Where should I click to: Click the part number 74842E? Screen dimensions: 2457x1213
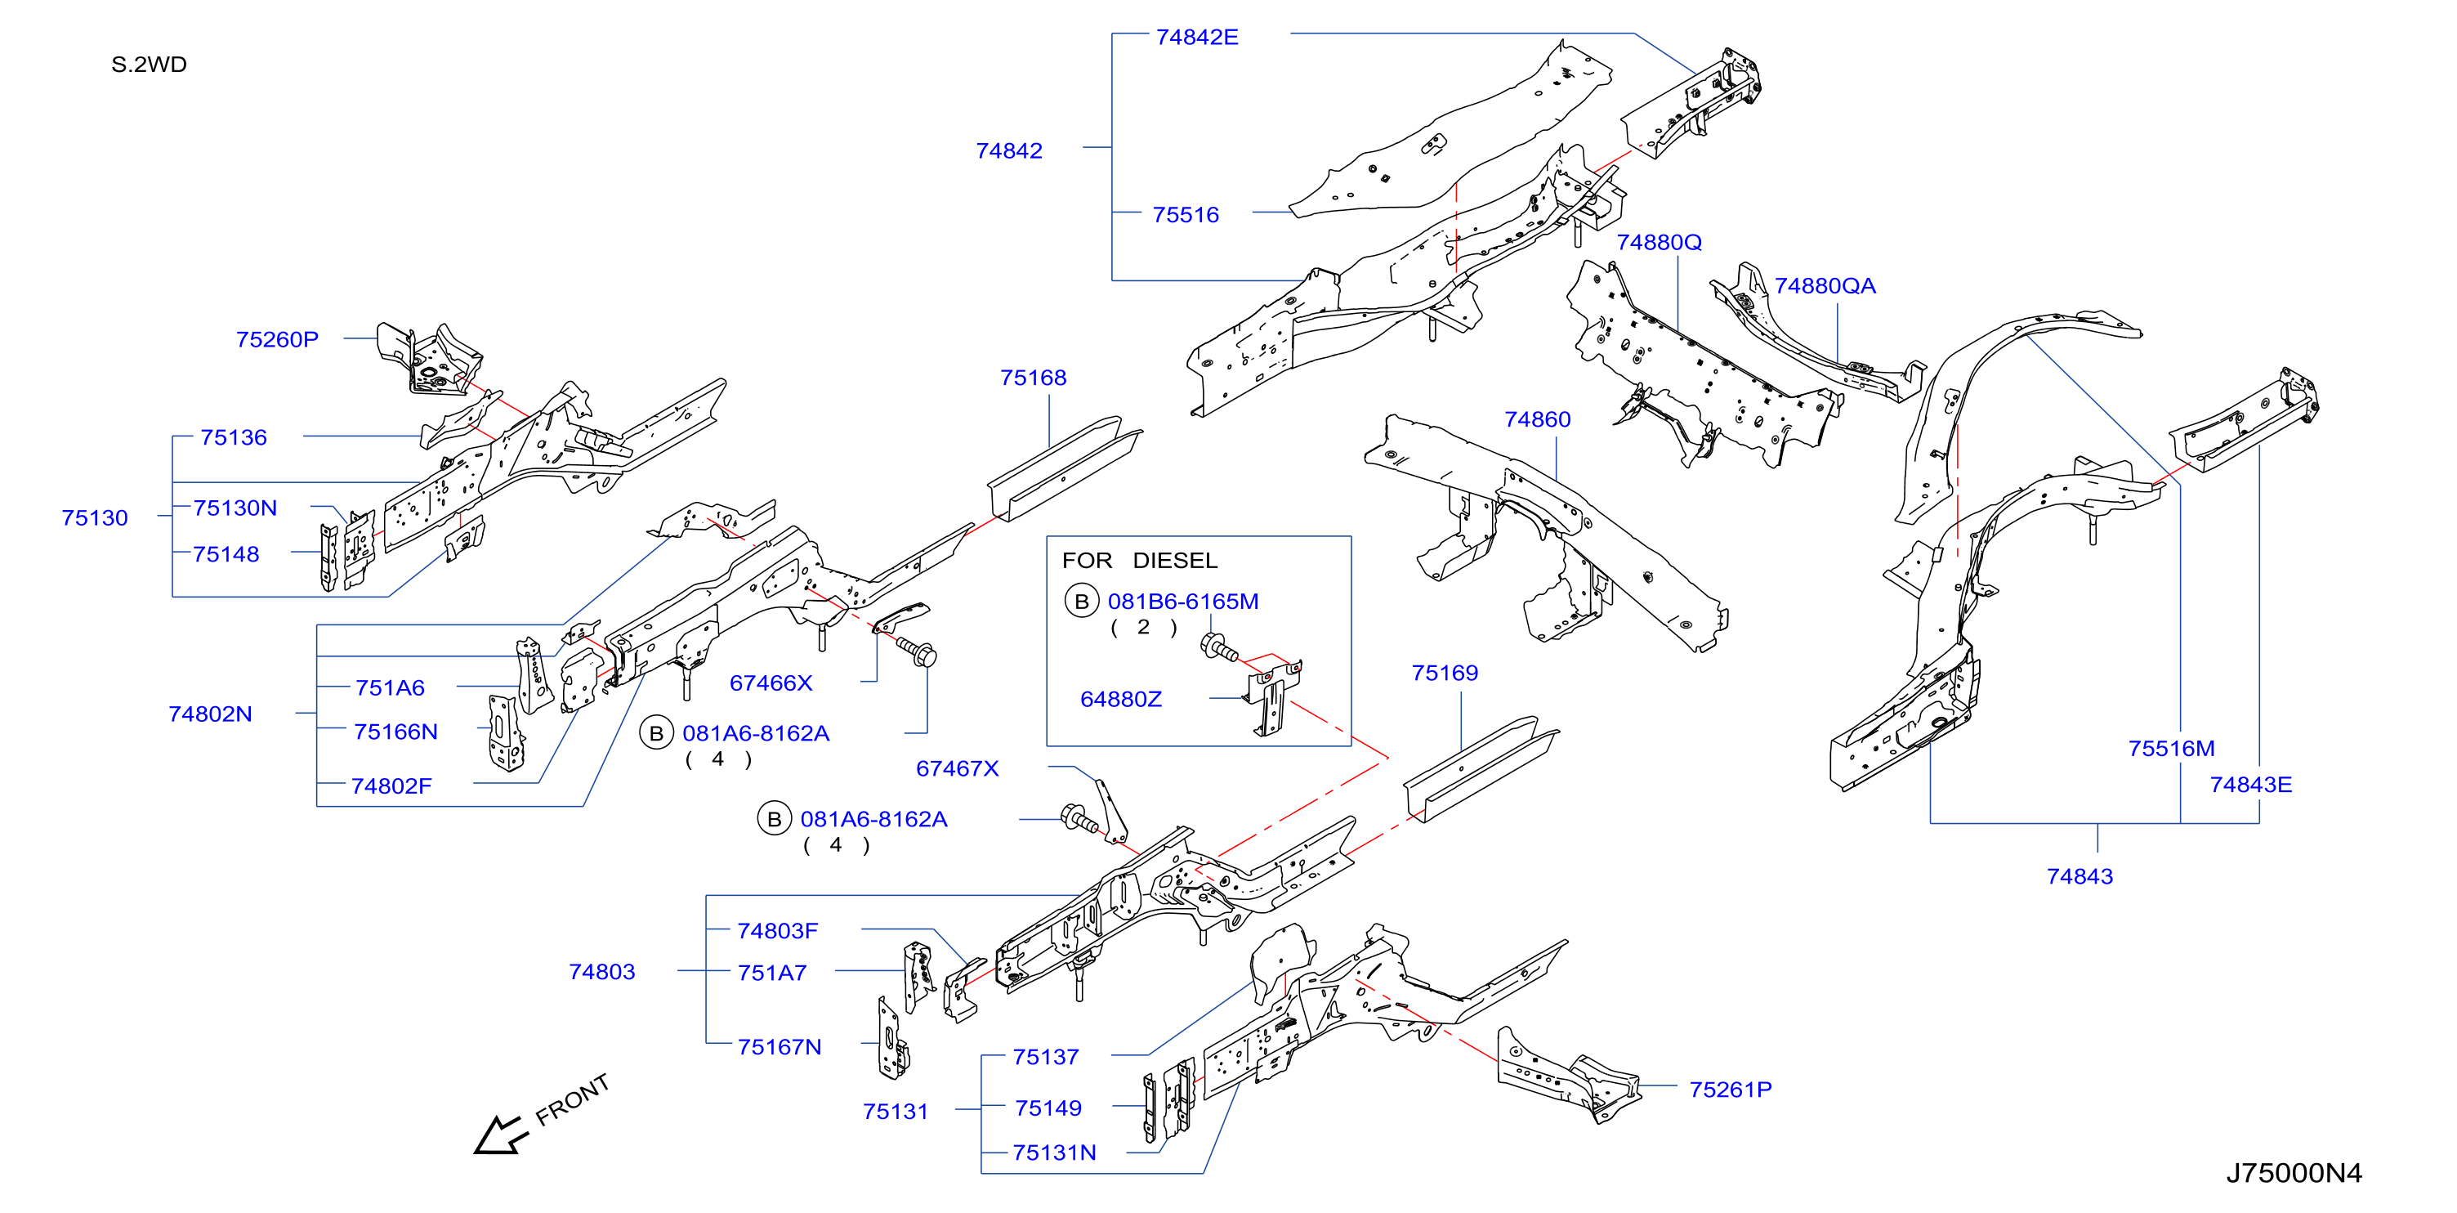(1196, 38)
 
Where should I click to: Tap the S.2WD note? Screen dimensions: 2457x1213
(149, 65)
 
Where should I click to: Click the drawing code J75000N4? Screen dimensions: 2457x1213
(2294, 1173)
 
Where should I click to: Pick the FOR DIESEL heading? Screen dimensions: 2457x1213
(1139, 560)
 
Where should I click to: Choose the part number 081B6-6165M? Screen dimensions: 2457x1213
(1182, 602)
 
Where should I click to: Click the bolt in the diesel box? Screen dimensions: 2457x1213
(1219, 648)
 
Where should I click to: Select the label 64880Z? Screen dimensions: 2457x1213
(1121, 700)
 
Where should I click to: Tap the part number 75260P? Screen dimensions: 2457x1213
(277, 340)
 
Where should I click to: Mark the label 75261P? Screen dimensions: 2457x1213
(1731, 1090)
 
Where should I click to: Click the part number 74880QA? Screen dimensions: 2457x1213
(1825, 286)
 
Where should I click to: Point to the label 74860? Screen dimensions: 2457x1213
(1537, 420)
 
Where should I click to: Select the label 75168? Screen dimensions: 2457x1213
(1033, 378)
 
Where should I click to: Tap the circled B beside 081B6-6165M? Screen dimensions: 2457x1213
(1082, 602)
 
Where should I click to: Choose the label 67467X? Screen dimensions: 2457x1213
(957, 769)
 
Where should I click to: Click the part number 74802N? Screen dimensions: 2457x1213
(210, 715)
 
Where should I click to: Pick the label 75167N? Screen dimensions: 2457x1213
(780, 1047)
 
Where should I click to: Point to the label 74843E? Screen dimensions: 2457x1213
(2251, 785)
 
